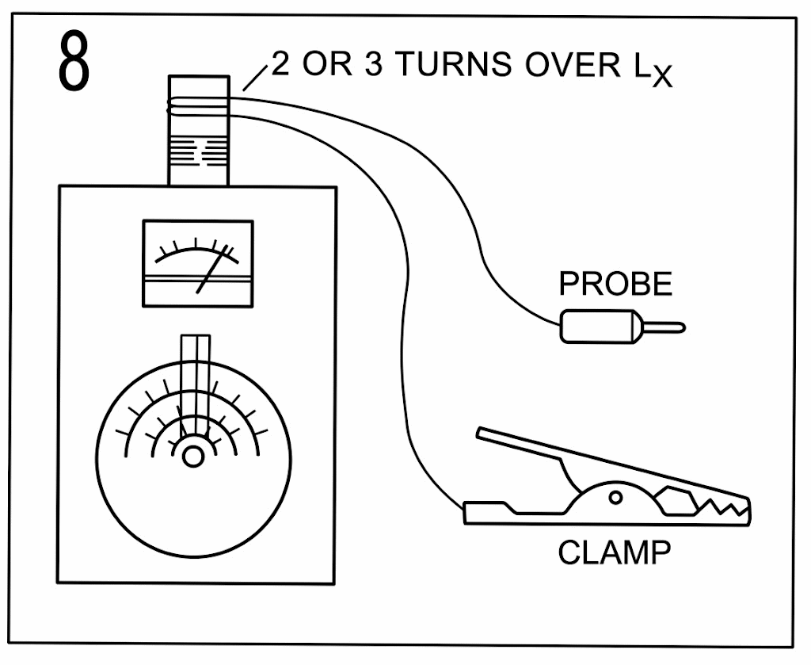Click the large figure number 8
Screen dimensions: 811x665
click(74, 61)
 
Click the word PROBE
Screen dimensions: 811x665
click(615, 284)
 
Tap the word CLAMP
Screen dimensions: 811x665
click(614, 552)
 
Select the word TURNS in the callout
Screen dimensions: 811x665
click(455, 64)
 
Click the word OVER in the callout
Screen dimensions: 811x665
click(572, 65)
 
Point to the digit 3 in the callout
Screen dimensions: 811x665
click(374, 64)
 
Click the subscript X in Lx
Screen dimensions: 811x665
click(661, 78)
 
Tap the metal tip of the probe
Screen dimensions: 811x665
click(664, 327)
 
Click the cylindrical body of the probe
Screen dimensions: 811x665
click(600, 327)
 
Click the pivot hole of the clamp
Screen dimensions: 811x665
click(615, 498)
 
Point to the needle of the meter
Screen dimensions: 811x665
click(212, 269)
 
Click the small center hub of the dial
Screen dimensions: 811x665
click(193, 457)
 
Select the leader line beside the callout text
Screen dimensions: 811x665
click(255, 78)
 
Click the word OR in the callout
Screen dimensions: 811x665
click(327, 64)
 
